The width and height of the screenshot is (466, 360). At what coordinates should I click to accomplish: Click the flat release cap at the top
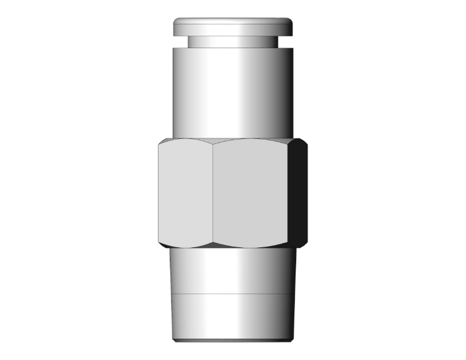point(233,26)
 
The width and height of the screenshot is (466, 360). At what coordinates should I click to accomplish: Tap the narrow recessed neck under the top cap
point(233,41)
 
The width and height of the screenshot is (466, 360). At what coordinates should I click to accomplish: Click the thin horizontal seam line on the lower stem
point(233,294)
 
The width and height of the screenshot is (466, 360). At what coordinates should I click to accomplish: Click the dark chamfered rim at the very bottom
point(233,342)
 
